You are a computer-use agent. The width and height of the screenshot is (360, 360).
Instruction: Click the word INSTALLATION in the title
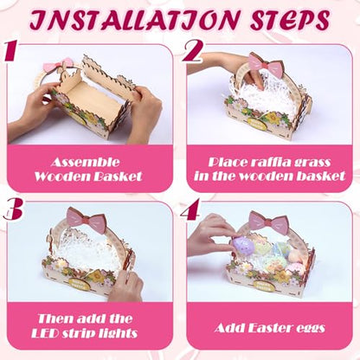coord(135,20)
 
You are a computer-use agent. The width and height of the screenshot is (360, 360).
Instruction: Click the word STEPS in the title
coord(290,20)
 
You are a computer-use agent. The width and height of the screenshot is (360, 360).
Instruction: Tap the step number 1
coord(10,51)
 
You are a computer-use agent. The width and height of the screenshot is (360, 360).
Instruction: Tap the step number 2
coord(193,51)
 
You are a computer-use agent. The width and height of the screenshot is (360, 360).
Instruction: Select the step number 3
coord(13,209)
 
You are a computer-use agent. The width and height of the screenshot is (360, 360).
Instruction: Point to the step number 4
coord(190,209)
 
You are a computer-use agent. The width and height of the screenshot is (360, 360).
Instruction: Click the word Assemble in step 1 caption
coord(86,162)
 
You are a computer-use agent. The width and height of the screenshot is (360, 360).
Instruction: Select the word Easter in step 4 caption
coord(272,328)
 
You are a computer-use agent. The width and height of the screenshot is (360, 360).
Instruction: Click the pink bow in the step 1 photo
coord(58,66)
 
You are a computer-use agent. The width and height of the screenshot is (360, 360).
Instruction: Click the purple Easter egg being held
coord(243,245)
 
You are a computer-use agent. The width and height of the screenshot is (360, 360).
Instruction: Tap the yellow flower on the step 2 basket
coord(272,117)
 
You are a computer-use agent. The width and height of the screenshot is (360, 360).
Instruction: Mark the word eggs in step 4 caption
coord(312,329)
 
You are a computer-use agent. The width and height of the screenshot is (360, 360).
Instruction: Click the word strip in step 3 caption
coord(75,333)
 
